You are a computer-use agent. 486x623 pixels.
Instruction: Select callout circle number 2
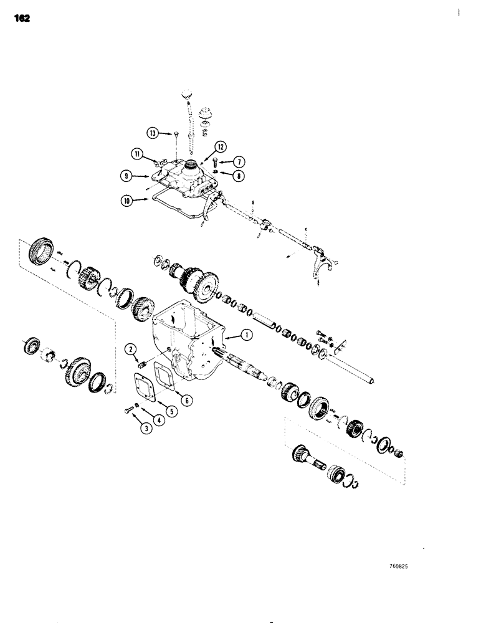pos(132,350)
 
